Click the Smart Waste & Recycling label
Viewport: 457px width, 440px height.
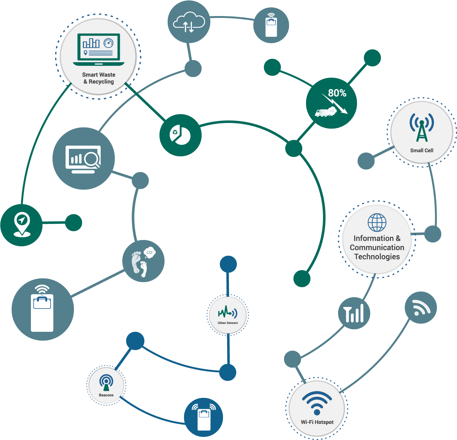point(98,78)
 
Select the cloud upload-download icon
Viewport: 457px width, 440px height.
point(189,22)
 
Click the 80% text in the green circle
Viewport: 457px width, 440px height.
point(337,93)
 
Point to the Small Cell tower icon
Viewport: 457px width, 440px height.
point(421,127)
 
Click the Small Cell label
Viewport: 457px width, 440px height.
point(421,150)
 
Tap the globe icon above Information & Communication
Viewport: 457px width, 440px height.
point(377,222)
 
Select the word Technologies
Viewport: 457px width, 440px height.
point(377,257)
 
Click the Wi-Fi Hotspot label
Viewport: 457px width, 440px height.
point(317,422)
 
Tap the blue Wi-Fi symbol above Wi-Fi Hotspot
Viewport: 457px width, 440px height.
point(317,403)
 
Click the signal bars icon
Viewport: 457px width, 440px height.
point(354,313)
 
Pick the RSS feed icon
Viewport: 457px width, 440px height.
point(421,307)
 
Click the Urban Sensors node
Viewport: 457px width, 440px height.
point(228,315)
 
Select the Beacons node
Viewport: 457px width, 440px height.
point(106,386)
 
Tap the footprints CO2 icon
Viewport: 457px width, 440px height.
point(143,261)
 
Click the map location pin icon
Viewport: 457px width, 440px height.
point(21,225)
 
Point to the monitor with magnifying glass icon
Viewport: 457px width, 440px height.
point(83,159)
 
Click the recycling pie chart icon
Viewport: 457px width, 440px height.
point(180,135)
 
